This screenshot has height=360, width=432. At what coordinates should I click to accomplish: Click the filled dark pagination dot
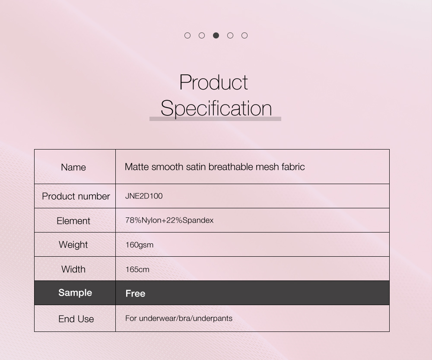[216, 35]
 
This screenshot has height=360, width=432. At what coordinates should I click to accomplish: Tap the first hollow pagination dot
[187, 35]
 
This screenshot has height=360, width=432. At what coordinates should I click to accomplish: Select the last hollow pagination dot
[245, 35]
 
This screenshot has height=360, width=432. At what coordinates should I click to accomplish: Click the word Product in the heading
[213, 82]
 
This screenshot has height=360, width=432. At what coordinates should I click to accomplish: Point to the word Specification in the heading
[216, 108]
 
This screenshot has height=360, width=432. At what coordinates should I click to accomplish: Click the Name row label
[73, 167]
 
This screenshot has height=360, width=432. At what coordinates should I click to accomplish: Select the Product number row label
[76, 196]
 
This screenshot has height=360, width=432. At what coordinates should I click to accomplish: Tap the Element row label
[73, 221]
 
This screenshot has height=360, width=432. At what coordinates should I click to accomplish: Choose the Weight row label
[73, 245]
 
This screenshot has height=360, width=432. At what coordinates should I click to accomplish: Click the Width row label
[73, 269]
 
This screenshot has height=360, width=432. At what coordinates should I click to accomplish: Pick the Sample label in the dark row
[75, 293]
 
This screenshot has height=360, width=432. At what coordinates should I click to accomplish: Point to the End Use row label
[76, 319]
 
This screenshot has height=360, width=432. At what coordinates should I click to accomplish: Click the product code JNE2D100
[144, 196]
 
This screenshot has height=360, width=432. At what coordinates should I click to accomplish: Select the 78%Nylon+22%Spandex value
[169, 220]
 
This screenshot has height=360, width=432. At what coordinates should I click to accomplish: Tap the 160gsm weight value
[139, 245]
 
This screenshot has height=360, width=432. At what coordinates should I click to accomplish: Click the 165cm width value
[137, 269]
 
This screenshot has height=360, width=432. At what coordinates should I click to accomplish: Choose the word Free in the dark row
[135, 293]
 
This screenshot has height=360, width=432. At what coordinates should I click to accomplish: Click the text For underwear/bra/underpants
[179, 319]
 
